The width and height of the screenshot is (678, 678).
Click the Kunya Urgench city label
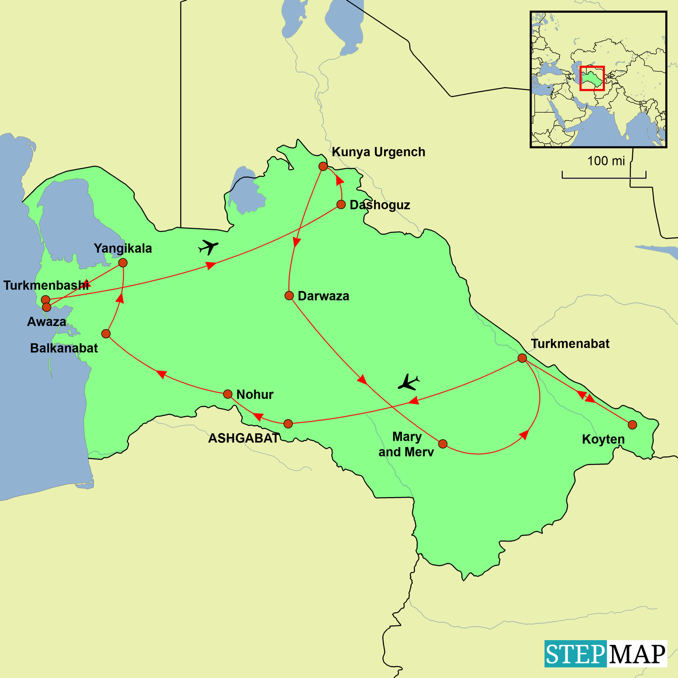click(378, 152)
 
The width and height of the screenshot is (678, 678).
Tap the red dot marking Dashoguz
click(341, 204)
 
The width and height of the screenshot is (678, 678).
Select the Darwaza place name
click(323, 297)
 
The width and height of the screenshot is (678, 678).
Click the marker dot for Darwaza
click(289, 296)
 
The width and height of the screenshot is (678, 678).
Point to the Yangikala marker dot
click(122, 263)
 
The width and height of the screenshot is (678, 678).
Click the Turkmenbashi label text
click(46, 285)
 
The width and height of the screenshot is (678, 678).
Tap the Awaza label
click(47, 322)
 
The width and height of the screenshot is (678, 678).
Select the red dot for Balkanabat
click(106, 334)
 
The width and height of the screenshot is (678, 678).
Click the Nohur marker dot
click(228, 394)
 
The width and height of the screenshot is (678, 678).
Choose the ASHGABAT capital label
click(244, 438)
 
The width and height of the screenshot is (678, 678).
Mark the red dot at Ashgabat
click(288, 424)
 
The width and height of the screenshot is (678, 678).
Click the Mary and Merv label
click(406, 444)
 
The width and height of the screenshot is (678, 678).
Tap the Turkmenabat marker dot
click(522, 358)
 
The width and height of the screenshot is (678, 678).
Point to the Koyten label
click(603, 439)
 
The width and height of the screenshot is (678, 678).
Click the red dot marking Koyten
click(632, 424)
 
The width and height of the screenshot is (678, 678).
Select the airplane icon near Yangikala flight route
click(208, 247)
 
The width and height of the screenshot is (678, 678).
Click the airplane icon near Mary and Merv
click(409, 382)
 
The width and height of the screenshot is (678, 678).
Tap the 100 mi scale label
click(606, 161)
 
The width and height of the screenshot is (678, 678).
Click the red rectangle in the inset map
click(592, 78)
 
